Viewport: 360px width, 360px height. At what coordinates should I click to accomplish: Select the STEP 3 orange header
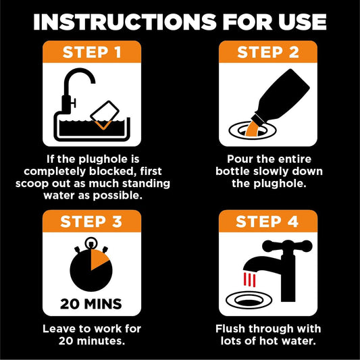(92, 222)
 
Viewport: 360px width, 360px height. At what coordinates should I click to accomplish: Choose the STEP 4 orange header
(268, 222)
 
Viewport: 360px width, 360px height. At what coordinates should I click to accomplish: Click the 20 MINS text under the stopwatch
(92, 303)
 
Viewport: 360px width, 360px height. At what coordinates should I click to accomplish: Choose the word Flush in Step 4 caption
(234, 329)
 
